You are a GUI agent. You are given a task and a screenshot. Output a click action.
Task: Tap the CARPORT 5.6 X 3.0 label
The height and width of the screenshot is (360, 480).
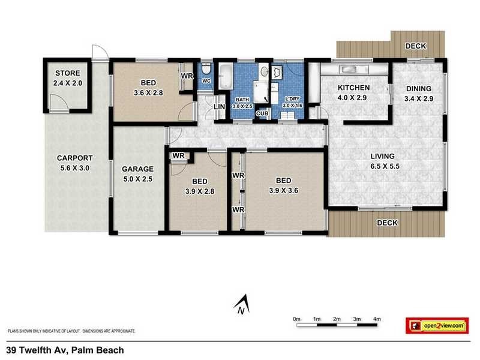click(x=73, y=163)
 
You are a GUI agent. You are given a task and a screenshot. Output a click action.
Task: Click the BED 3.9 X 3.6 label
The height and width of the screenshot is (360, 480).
click(x=283, y=185)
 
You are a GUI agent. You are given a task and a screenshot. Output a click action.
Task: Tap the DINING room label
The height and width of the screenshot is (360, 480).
click(x=418, y=93)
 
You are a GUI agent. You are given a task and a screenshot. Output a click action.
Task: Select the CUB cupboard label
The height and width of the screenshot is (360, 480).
click(x=262, y=113)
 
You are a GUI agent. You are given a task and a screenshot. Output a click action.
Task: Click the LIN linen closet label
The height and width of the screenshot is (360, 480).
click(x=220, y=107)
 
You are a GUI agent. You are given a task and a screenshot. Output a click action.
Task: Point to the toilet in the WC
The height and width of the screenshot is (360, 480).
click(x=205, y=69)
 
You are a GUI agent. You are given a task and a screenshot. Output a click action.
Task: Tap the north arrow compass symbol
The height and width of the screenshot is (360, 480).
click(x=241, y=304)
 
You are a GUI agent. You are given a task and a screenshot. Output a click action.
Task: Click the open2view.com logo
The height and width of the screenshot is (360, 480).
click(x=437, y=325)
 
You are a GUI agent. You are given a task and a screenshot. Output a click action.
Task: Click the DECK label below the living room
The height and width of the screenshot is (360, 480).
click(x=388, y=223)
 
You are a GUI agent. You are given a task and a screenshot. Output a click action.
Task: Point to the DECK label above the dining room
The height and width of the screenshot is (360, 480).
click(x=415, y=46)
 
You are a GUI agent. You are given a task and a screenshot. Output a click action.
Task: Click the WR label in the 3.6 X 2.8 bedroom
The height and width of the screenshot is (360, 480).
click(x=186, y=76)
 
